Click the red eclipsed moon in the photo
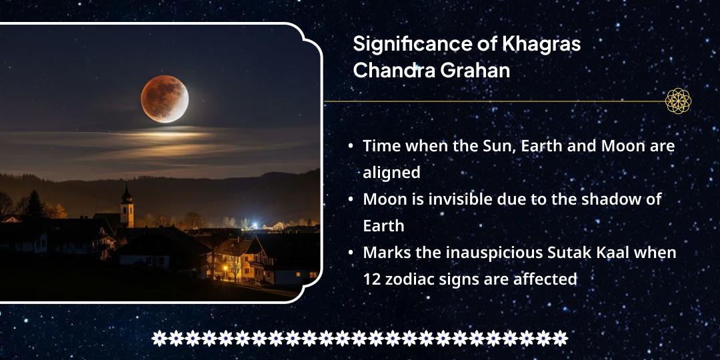165,99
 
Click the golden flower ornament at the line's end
678,101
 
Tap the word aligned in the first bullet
391,173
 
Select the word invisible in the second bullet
458,199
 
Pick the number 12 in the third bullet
372,279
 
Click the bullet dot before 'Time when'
351,146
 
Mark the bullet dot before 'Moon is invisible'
351,199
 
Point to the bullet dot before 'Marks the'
351,253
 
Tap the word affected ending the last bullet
545,279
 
